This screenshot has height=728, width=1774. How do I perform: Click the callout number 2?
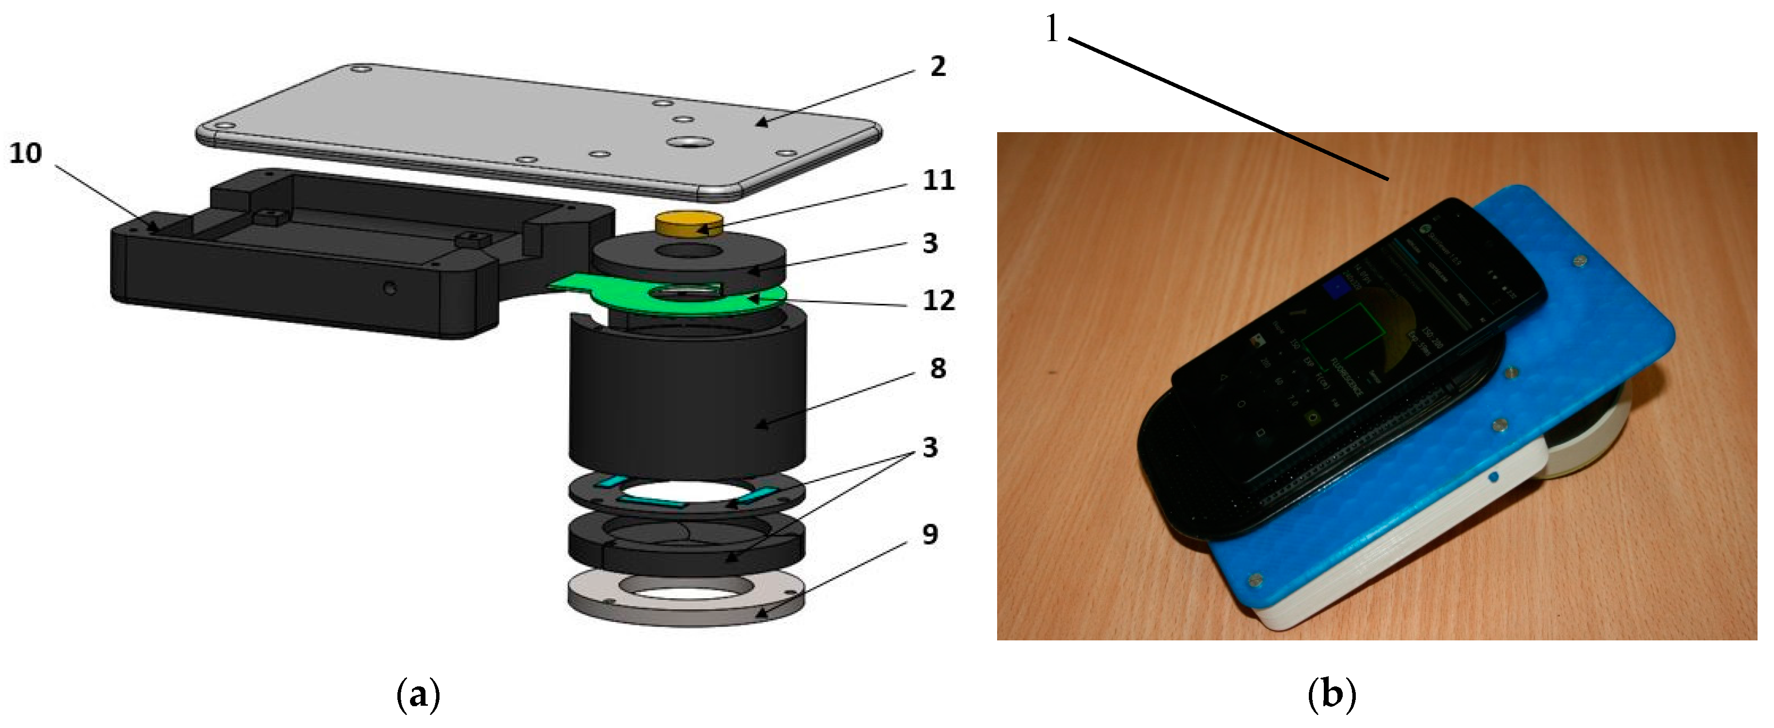pyautogui.click(x=938, y=67)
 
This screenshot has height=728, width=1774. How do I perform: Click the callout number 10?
pyautogui.click(x=26, y=153)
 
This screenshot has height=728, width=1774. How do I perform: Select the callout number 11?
pyautogui.click(x=938, y=181)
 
